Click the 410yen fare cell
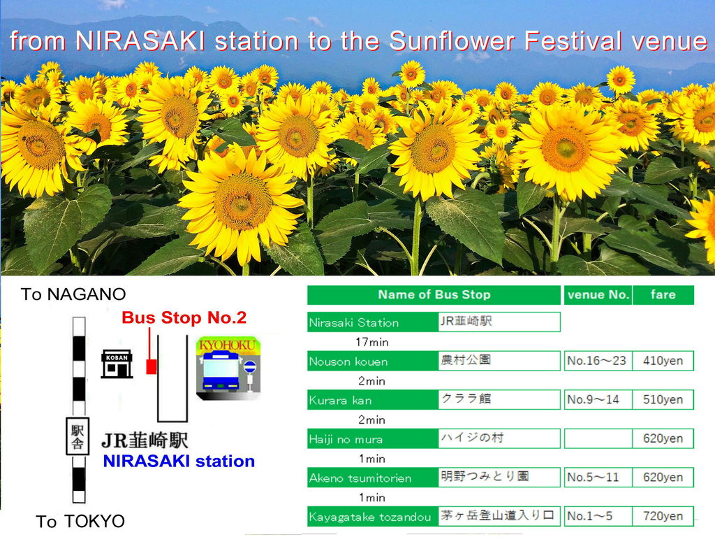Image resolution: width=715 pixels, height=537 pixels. [663, 361]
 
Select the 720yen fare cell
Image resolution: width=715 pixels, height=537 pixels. [663, 516]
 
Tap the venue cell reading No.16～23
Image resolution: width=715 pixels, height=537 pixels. [598, 361]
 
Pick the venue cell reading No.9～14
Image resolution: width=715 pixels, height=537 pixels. [598, 399]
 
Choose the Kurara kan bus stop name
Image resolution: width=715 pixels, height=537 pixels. [340, 400]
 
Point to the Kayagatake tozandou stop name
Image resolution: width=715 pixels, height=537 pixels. [370, 517]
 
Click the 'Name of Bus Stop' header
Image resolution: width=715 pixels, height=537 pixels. [434, 294]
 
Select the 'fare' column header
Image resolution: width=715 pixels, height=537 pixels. [663, 294]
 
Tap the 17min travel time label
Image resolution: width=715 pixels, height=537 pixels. [371, 341]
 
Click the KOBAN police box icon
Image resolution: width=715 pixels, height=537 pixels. [117, 364]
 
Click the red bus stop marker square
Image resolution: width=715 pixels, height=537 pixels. [152, 366]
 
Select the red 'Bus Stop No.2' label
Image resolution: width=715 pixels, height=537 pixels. [184, 317]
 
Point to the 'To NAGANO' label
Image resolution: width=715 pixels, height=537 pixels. [73, 294]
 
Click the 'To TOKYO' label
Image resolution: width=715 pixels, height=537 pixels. [80, 521]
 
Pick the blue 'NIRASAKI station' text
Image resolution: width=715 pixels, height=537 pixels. [179, 461]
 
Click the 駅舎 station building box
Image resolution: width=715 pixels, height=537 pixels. [78, 436]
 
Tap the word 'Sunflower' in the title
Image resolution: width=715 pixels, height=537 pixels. [452, 41]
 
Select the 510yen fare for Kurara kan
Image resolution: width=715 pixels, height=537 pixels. [663, 399]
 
